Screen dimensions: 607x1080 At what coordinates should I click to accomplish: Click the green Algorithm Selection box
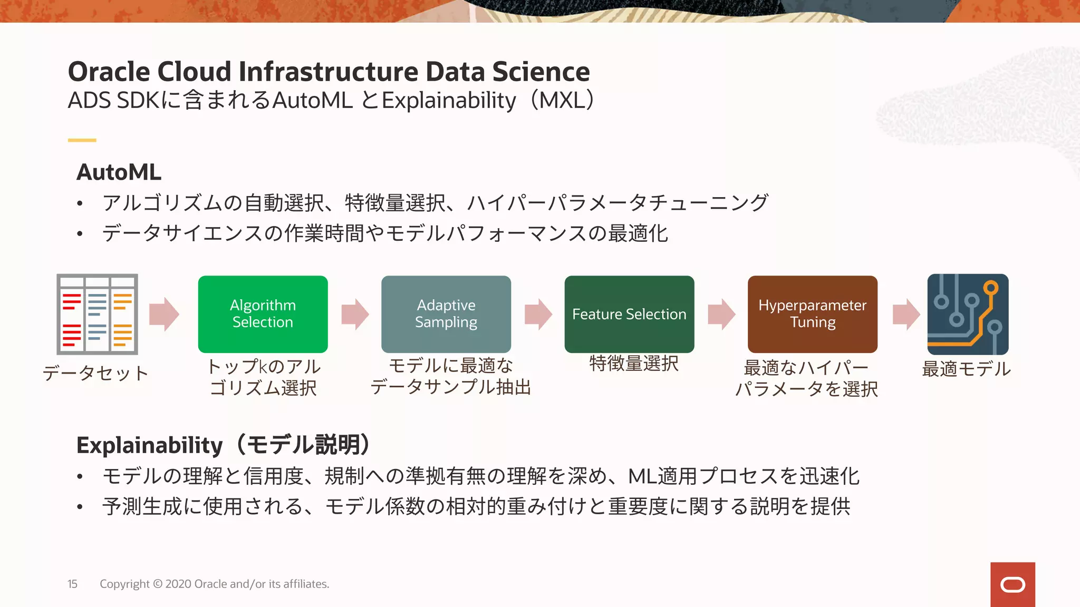263,314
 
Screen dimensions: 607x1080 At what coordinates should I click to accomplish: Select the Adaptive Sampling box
446,314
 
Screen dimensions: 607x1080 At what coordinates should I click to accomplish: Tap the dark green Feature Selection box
629,314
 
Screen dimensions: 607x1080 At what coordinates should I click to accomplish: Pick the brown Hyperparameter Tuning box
812,314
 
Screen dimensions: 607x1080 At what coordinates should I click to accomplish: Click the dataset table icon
97,314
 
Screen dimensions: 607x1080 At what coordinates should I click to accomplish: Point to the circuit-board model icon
968,314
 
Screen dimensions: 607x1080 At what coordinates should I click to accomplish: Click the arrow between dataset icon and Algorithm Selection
164,314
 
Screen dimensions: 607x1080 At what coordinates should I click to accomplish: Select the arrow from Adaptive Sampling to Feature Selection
538,314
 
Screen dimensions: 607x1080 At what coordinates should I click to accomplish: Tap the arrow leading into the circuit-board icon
905,314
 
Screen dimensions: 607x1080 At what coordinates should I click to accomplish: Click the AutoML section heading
119,172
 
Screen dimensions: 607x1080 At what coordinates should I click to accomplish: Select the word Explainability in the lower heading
149,445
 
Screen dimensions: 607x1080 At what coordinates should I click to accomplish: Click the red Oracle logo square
1012,584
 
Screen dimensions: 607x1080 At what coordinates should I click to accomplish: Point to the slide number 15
72,584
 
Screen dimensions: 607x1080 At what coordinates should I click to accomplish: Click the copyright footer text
214,584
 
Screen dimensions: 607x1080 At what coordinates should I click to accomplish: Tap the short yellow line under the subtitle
82,140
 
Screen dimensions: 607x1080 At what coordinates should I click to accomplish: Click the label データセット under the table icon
95,373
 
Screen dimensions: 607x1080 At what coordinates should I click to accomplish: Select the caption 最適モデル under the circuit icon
966,369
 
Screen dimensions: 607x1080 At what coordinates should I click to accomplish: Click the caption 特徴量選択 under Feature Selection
633,363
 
